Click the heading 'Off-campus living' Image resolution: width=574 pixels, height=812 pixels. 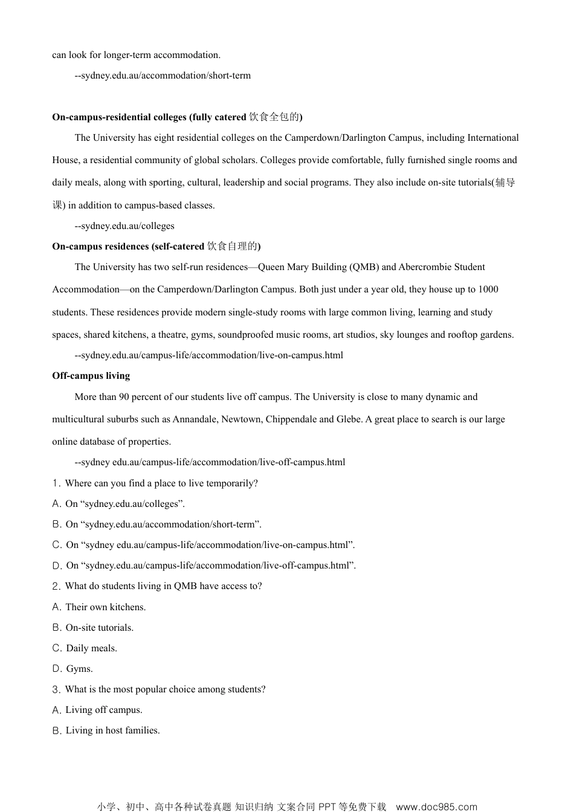coord(91,376)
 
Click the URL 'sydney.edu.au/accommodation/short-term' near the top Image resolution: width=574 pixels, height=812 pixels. coord(165,76)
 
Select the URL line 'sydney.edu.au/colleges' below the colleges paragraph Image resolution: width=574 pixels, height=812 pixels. coord(127,226)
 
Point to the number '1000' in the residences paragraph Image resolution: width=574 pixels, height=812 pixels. coord(488,289)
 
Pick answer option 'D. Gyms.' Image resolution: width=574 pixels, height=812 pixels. coord(73,669)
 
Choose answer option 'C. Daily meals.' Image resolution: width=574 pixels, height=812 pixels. coord(85,648)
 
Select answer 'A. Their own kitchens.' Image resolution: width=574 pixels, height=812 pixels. coord(99,607)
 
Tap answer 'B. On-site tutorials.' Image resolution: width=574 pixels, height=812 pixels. coord(93,628)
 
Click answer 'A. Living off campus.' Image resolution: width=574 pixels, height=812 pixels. coord(97,710)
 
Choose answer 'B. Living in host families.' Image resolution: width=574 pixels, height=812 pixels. coord(106,730)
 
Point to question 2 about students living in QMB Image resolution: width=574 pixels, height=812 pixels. coord(157,586)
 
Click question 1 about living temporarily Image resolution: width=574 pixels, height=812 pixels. coord(155,483)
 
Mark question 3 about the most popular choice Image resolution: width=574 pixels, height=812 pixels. coord(159,689)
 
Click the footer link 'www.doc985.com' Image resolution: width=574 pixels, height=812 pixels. coord(436,807)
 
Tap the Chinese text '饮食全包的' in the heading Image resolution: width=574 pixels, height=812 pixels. coord(274,117)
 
